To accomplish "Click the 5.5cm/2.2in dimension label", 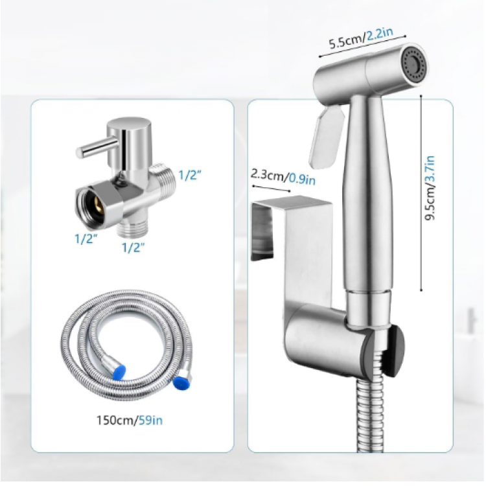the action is pos(361,38).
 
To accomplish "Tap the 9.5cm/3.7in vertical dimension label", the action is pos(430,188).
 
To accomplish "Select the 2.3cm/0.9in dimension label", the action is pos(283,177).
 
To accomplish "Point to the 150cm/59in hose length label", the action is pos(130,421).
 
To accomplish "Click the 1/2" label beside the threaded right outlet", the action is pos(190,175).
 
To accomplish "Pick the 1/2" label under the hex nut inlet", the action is pos(86,238).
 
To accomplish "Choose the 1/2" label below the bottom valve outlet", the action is pos(133,247).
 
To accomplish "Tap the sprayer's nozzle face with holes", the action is pos(415,64).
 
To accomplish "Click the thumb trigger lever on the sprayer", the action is pos(327,137).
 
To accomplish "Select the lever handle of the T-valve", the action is pos(97,148).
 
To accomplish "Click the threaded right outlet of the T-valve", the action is pos(163,180).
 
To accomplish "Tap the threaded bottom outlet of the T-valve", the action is pos(134,228).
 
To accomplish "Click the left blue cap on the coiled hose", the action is pos(119,372).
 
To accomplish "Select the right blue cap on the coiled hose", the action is pos(179,382).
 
